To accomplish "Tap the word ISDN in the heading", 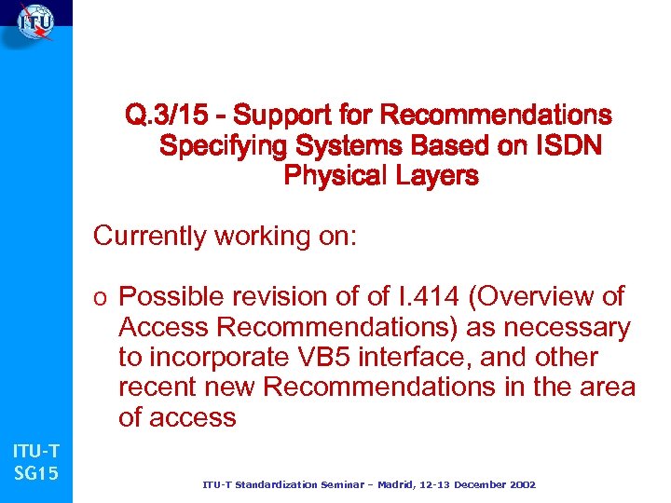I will click(x=567, y=145).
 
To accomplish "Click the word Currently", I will click(x=149, y=237).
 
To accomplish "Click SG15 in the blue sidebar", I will click(x=35, y=474).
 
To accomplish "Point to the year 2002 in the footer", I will click(x=518, y=485).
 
